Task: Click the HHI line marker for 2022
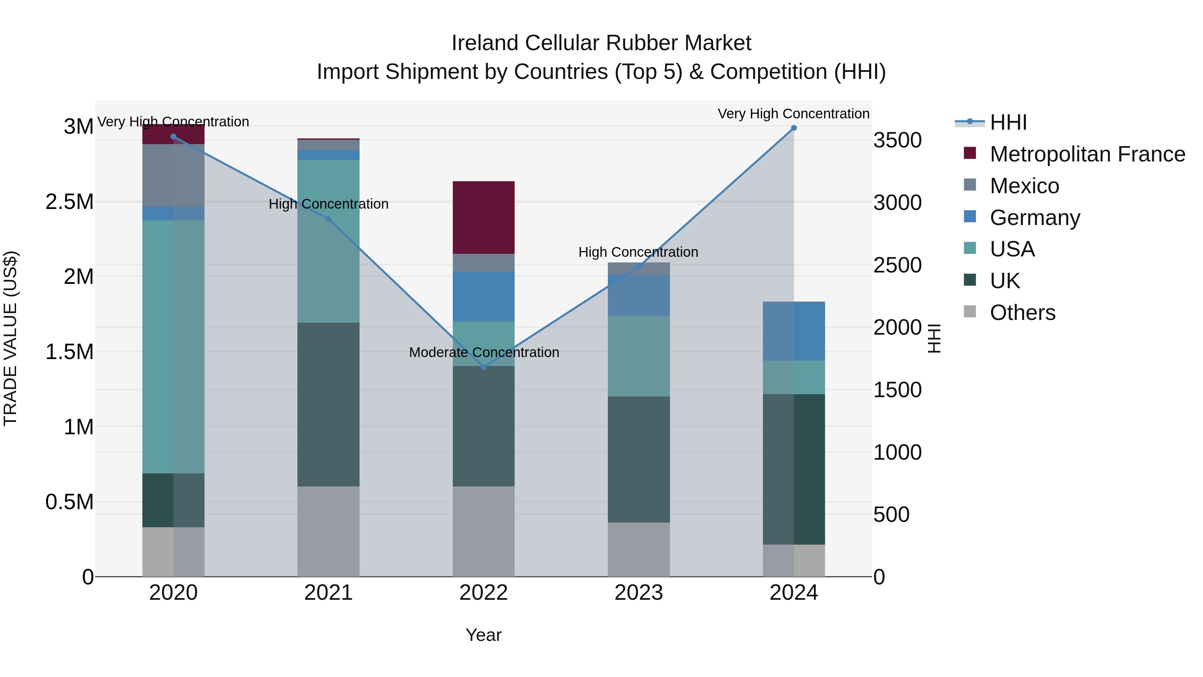(483, 367)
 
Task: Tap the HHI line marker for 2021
(328, 219)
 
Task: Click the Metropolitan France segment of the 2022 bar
(483, 217)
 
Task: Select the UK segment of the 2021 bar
(328, 404)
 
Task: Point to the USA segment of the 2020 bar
(173, 346)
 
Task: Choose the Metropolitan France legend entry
(1087, 154)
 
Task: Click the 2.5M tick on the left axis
(69, 202)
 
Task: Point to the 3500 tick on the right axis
(897, 140)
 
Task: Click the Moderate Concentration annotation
(484, 352)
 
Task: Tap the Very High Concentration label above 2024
(793, 114)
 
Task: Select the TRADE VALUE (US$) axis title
(10, 338)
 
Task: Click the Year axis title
(483, 635)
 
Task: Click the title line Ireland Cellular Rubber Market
(601, 43)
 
